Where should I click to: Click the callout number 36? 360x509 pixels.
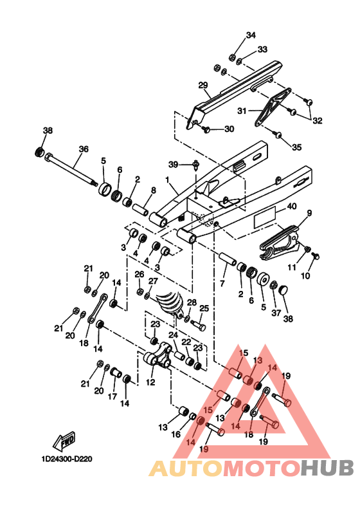[84, 149]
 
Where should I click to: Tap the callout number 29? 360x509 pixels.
[203, 86]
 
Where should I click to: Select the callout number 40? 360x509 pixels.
[292, 206]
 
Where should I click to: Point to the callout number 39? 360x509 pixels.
[173, 165]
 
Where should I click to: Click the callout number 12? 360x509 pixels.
[150, 382]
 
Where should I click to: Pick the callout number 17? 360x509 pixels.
[113, 396]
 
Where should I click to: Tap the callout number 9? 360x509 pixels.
[309, 213]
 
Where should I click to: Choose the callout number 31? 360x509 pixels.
[242, 111]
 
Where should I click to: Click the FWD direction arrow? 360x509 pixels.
[64, 442]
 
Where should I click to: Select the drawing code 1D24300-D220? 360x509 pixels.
[67, 459]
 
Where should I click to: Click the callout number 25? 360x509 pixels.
[204, 308]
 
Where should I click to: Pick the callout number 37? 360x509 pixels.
[276, 313]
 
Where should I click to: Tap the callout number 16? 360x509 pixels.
[175, 434]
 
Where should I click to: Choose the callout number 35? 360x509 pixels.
[297, 147]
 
